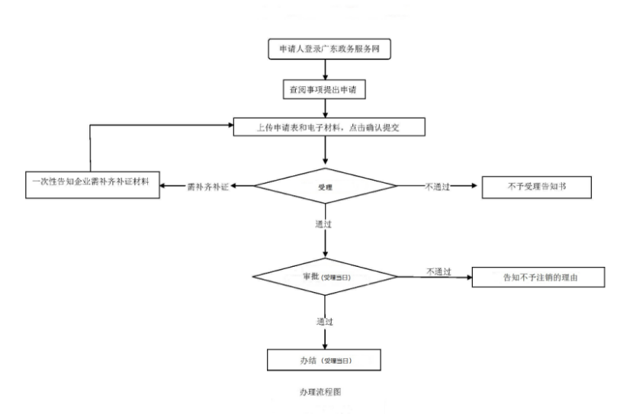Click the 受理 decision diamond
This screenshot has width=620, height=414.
[326, 186]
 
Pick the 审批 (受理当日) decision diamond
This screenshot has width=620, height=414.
[326, 278]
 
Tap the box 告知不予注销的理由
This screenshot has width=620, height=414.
[539, 278]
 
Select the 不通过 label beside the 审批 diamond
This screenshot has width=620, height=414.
[438, 271]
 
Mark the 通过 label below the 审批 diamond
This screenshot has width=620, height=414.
[323, 321]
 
